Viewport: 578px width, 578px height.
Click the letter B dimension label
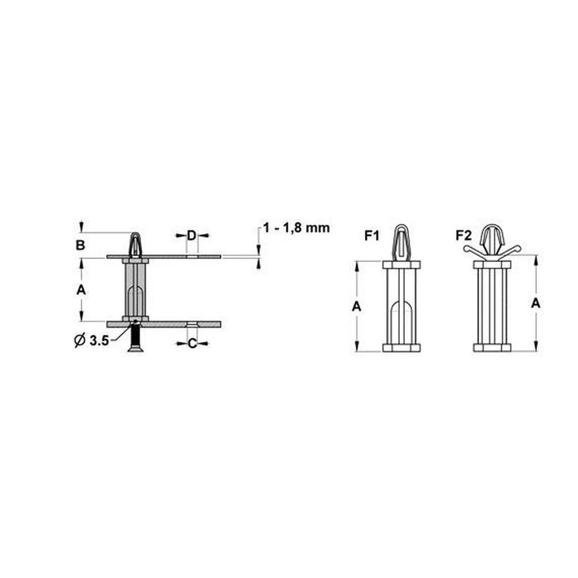tap(80, 245)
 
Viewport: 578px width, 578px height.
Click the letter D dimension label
tap(191, 235)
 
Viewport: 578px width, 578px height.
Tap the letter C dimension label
tap(192, 343)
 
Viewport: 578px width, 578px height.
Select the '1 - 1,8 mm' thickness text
tap(296, 228)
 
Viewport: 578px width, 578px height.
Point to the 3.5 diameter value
tap(99, 341)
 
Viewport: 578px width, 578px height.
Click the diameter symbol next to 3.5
tap(80, 340)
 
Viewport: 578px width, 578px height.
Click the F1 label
tap(372, 236)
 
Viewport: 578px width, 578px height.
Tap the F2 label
tap(464, 235)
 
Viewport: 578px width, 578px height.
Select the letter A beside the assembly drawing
tap(81, 290)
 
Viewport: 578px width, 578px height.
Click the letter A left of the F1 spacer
tap(356, 307)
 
